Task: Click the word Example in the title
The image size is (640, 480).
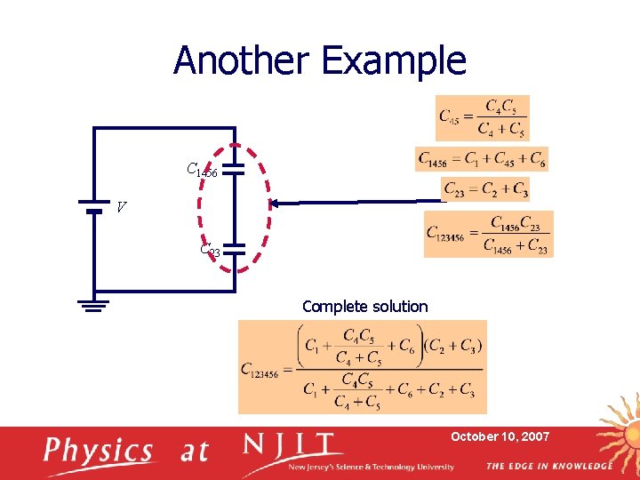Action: click(394, 60)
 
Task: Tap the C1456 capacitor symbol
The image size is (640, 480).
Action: click(233, 170)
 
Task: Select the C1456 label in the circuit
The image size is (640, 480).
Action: click(202, 170)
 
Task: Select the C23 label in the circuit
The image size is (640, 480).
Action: click(210, 251)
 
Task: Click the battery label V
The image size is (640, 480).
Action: click(121, 208)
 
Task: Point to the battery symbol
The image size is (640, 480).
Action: click(93, 208)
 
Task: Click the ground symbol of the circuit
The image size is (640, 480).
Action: click(93, 306)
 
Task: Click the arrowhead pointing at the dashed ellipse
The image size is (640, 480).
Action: click(276, 204)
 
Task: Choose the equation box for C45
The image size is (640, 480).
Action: click(482, 117)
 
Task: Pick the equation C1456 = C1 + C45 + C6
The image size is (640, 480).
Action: click(481, 159)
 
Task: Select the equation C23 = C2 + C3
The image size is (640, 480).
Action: click(485, 189)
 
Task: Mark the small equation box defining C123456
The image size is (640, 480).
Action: click(488, 234)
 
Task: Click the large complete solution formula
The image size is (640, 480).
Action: click(363, 367)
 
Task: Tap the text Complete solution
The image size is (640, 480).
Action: click(364, 307)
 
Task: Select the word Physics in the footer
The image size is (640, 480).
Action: click(100, 452)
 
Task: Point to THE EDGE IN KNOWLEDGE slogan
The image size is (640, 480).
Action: click(548, 466)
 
